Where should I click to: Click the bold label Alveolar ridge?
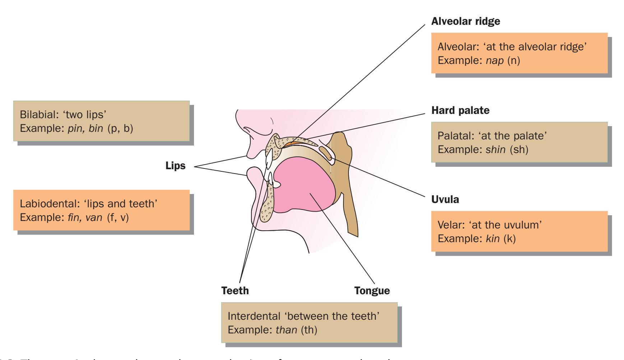(x=465, y=21)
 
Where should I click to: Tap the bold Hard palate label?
(x=460, y=110)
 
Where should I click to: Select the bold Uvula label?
(x=445, y=199)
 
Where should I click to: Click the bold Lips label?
(x=175, y=166)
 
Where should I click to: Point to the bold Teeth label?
(x=235, y=290)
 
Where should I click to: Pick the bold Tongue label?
(x=372, y=290)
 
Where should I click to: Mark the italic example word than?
(x=286, y=330)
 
